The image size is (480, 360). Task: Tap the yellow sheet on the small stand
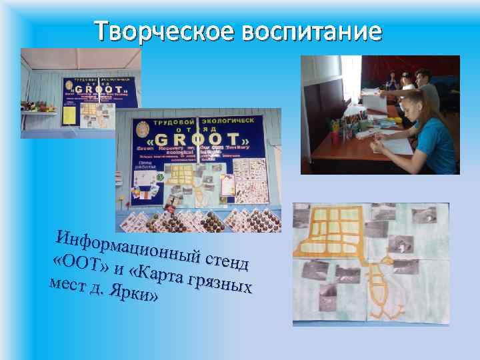pyautogui.click(x=69, y=114)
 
